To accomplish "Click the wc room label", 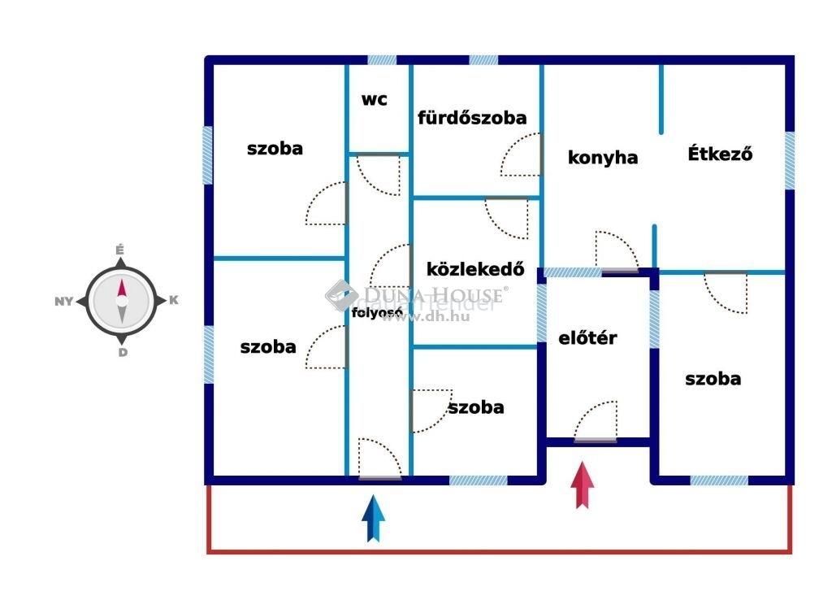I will coord(375,100).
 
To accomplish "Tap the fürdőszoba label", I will coord(472,118).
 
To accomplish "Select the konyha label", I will coord(603,158).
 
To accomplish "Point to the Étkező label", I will coord(720,154).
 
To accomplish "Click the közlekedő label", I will coord(475,269).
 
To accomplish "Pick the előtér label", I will coord(588,338).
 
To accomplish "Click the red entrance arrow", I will coord(582,485).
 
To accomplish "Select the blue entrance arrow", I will coord(373,518).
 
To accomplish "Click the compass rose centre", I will coord(121,300).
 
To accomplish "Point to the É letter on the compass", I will coord(120,250).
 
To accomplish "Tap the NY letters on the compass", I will coord(64,301).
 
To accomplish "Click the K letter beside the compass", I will coord(173,300).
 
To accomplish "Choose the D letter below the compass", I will coord(122,352).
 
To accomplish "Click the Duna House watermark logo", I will coord(342,295).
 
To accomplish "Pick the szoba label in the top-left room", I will coord(275,149).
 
